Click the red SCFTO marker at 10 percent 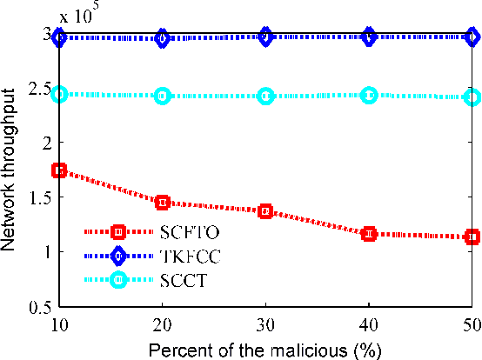point(59,170)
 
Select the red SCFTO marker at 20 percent point(163,202)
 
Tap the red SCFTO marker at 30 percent point(265,211)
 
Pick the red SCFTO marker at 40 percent point(369,233)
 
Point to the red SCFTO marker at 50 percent point(472,237)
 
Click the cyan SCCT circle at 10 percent point(59,94)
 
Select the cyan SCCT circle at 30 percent point(265,96)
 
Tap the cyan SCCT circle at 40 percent point(369,95)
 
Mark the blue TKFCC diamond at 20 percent point(163,37)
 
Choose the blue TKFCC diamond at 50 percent point(472,37)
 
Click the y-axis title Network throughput point(10,171)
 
